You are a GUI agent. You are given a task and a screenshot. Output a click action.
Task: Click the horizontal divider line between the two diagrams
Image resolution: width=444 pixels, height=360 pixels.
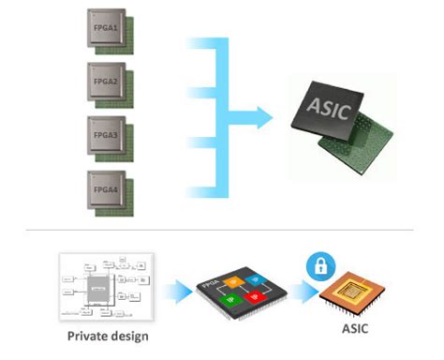pos(222,229)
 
